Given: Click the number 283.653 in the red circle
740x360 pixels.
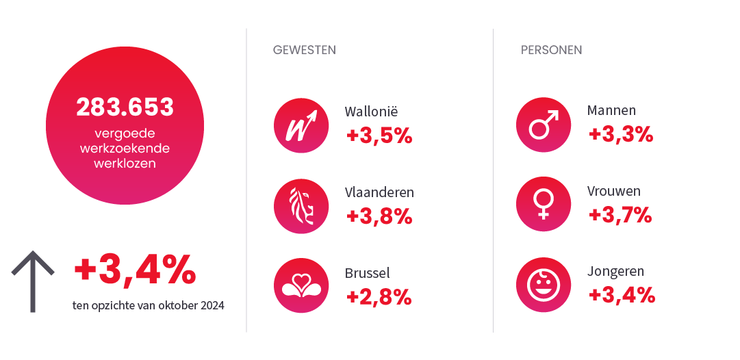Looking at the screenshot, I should click(125, 107).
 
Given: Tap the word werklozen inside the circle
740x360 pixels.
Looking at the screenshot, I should click(125, 164).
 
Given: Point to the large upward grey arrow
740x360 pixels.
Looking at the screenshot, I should click(32, 281).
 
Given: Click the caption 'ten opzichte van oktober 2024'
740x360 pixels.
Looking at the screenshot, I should click(148, 305).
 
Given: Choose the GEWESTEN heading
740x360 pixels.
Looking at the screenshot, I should click(304, 50).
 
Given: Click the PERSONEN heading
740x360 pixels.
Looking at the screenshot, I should click(551, 50).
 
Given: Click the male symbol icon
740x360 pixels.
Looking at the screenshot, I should click(542, 125).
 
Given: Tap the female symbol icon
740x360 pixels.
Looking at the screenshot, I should click(542, 205).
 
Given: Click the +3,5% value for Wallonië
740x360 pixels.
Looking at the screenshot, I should click(379, 136).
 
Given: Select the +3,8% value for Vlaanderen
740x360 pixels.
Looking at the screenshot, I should click(379, 216).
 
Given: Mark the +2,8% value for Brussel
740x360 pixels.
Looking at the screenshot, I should click(379, 296).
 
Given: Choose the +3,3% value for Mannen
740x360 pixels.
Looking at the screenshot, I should click(620, 134).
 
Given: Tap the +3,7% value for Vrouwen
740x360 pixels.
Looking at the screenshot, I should click(620, 215).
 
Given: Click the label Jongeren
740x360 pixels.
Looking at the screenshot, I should click(615, 272).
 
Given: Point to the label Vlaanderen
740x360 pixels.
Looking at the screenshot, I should click(379, 192).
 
